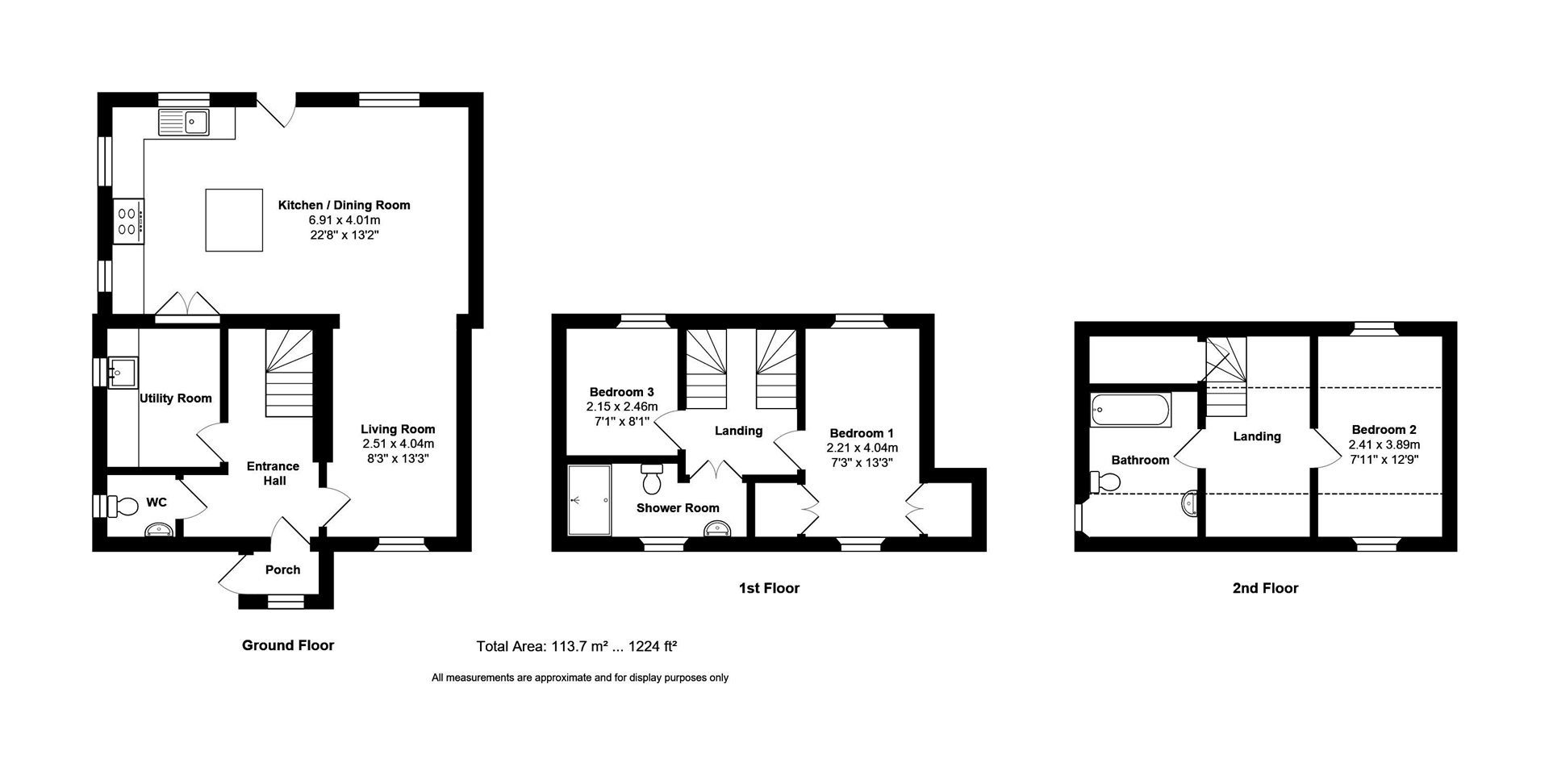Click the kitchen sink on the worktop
184,123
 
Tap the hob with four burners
128,221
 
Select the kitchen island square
234,220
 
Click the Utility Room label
176,398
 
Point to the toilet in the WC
125,507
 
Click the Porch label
282,569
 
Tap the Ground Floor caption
288,645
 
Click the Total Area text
576,646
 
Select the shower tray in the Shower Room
589,500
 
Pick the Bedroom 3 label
621,392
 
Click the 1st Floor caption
769,588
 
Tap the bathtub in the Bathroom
1130,411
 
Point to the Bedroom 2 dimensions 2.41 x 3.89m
1384,444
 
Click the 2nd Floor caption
1265,588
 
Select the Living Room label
398,429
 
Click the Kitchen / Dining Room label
344,205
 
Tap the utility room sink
122,373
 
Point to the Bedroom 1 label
862,433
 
